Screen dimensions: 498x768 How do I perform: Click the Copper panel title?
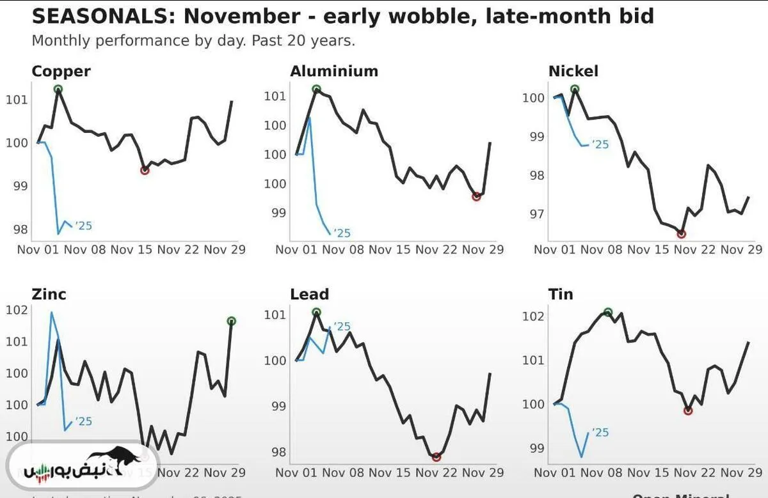[x=61, y=71]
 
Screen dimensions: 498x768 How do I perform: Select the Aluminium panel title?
[x=333, y=71]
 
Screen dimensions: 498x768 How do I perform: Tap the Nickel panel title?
[x=573, y=71]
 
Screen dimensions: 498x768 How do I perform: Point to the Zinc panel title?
[x=49, y=294]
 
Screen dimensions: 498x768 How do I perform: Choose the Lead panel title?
[x=309, y=294]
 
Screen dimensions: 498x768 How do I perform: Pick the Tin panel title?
[x=561, y=294]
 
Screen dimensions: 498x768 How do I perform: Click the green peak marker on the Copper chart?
[x=58, y=89]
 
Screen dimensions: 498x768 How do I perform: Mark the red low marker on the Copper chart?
[x=145, y=170]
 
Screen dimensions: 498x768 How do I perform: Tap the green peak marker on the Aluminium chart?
[x=316, y=89]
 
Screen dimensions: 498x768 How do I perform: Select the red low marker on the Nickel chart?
[x=682, y=234]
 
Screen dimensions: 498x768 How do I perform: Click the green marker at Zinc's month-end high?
[x=232, y=321]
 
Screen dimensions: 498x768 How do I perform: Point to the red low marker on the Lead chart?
[x=436, y=457]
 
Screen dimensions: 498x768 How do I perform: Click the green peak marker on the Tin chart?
[x=608, y=312]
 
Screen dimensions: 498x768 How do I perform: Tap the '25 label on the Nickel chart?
[x=600, y=144]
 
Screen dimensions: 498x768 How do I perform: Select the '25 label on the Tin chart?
[x=600, y=433]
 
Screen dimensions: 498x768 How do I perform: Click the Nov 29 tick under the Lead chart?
[x=483, y=472]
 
